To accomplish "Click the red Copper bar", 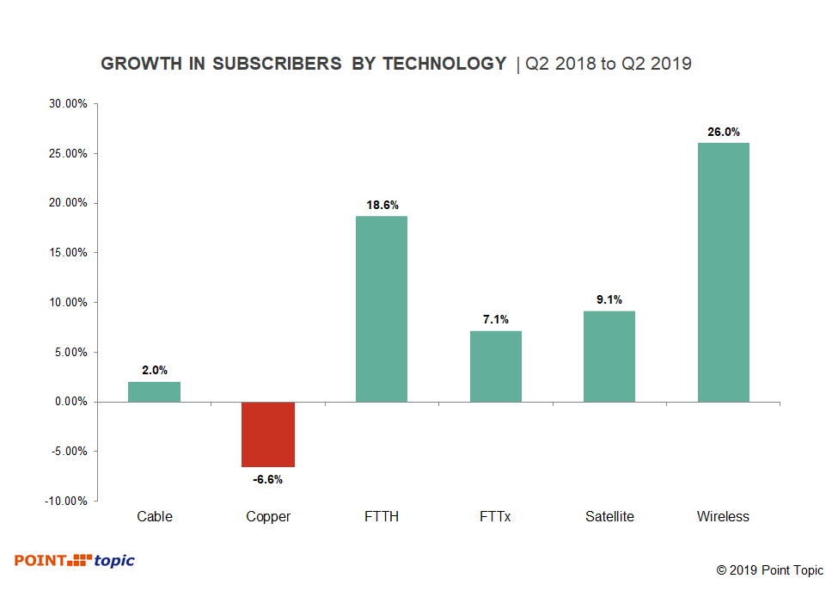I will point(268,434).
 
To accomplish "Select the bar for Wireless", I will point(724,272).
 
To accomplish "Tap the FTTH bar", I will point(382,309).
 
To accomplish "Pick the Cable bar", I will point(155,391).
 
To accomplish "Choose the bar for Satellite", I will point(609,356).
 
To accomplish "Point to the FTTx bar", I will point(496,366).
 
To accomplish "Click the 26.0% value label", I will point(724,132).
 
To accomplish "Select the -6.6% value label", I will point(268,479).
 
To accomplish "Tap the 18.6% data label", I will point(382,206).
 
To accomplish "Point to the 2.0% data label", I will point(155,371).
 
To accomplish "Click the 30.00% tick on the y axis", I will point(67,104).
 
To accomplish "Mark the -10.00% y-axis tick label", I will point(65,501).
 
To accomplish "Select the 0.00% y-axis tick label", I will point(69,402).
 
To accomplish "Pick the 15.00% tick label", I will point(67,253).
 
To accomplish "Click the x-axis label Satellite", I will point(609,517).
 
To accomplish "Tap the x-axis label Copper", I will point(268,517).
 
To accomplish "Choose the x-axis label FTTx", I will point(496,517).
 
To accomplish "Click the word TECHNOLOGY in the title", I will point(444,64).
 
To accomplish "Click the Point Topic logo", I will point(74,561).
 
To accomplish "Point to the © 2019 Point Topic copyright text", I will point(769,570).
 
